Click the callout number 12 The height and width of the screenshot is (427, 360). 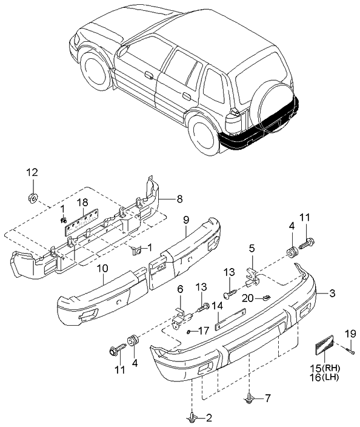coord(32,172)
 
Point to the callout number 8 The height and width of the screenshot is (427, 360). coord(179,198)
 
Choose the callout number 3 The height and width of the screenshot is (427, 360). coord(332,294)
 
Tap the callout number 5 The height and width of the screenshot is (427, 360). coord(252,247)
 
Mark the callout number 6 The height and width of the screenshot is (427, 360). coord(179,289)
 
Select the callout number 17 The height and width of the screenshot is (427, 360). coord(203,331)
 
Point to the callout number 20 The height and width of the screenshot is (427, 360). coord(248,298)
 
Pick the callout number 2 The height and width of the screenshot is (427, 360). coord(209,417)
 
